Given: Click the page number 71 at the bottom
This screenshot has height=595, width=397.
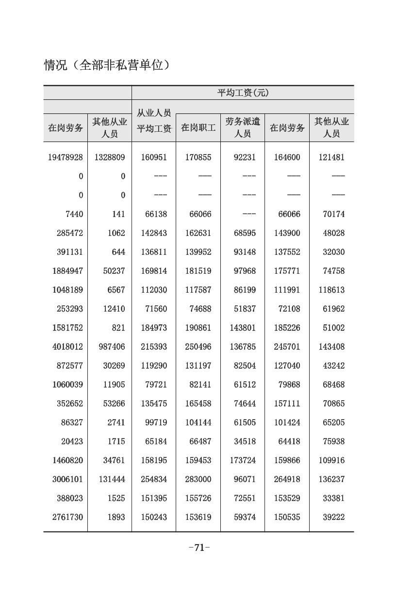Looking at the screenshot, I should point(199,548).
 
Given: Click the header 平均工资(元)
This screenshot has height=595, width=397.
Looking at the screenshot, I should point(243,93).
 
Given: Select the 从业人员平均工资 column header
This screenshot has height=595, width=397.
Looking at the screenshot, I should point(154,121).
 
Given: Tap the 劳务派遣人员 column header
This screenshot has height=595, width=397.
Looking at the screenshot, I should point(243,127).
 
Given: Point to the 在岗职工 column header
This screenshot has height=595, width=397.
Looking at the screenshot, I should point(198,128).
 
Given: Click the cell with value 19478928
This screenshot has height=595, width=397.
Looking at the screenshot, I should point(66,157).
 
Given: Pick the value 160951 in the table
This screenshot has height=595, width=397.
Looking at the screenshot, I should point(154,157).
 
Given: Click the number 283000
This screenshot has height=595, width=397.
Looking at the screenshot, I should point(198,479).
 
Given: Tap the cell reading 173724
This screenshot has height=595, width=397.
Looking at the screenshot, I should point(243,460).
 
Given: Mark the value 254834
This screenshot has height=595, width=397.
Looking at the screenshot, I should point(154,479).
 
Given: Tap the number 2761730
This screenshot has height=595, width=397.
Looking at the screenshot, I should point(67,517).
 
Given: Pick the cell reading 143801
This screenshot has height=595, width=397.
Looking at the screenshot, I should point(243,328).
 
